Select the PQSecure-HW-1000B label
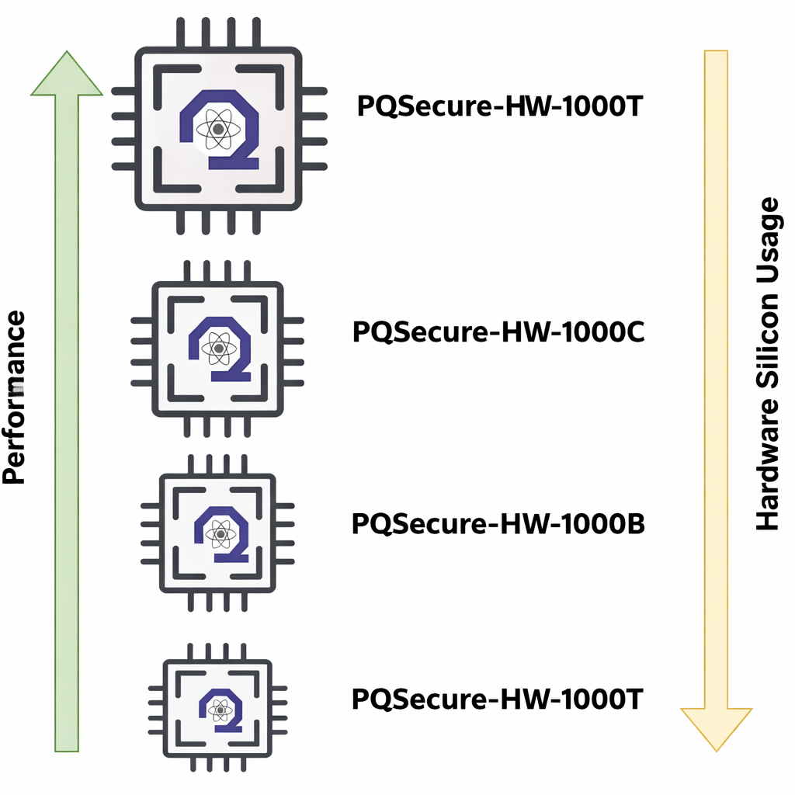(498, 523)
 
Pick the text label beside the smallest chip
(498, 699)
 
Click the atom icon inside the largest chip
(218, 128)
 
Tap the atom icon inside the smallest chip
(220, 707)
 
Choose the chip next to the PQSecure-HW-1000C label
(217, 348)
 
